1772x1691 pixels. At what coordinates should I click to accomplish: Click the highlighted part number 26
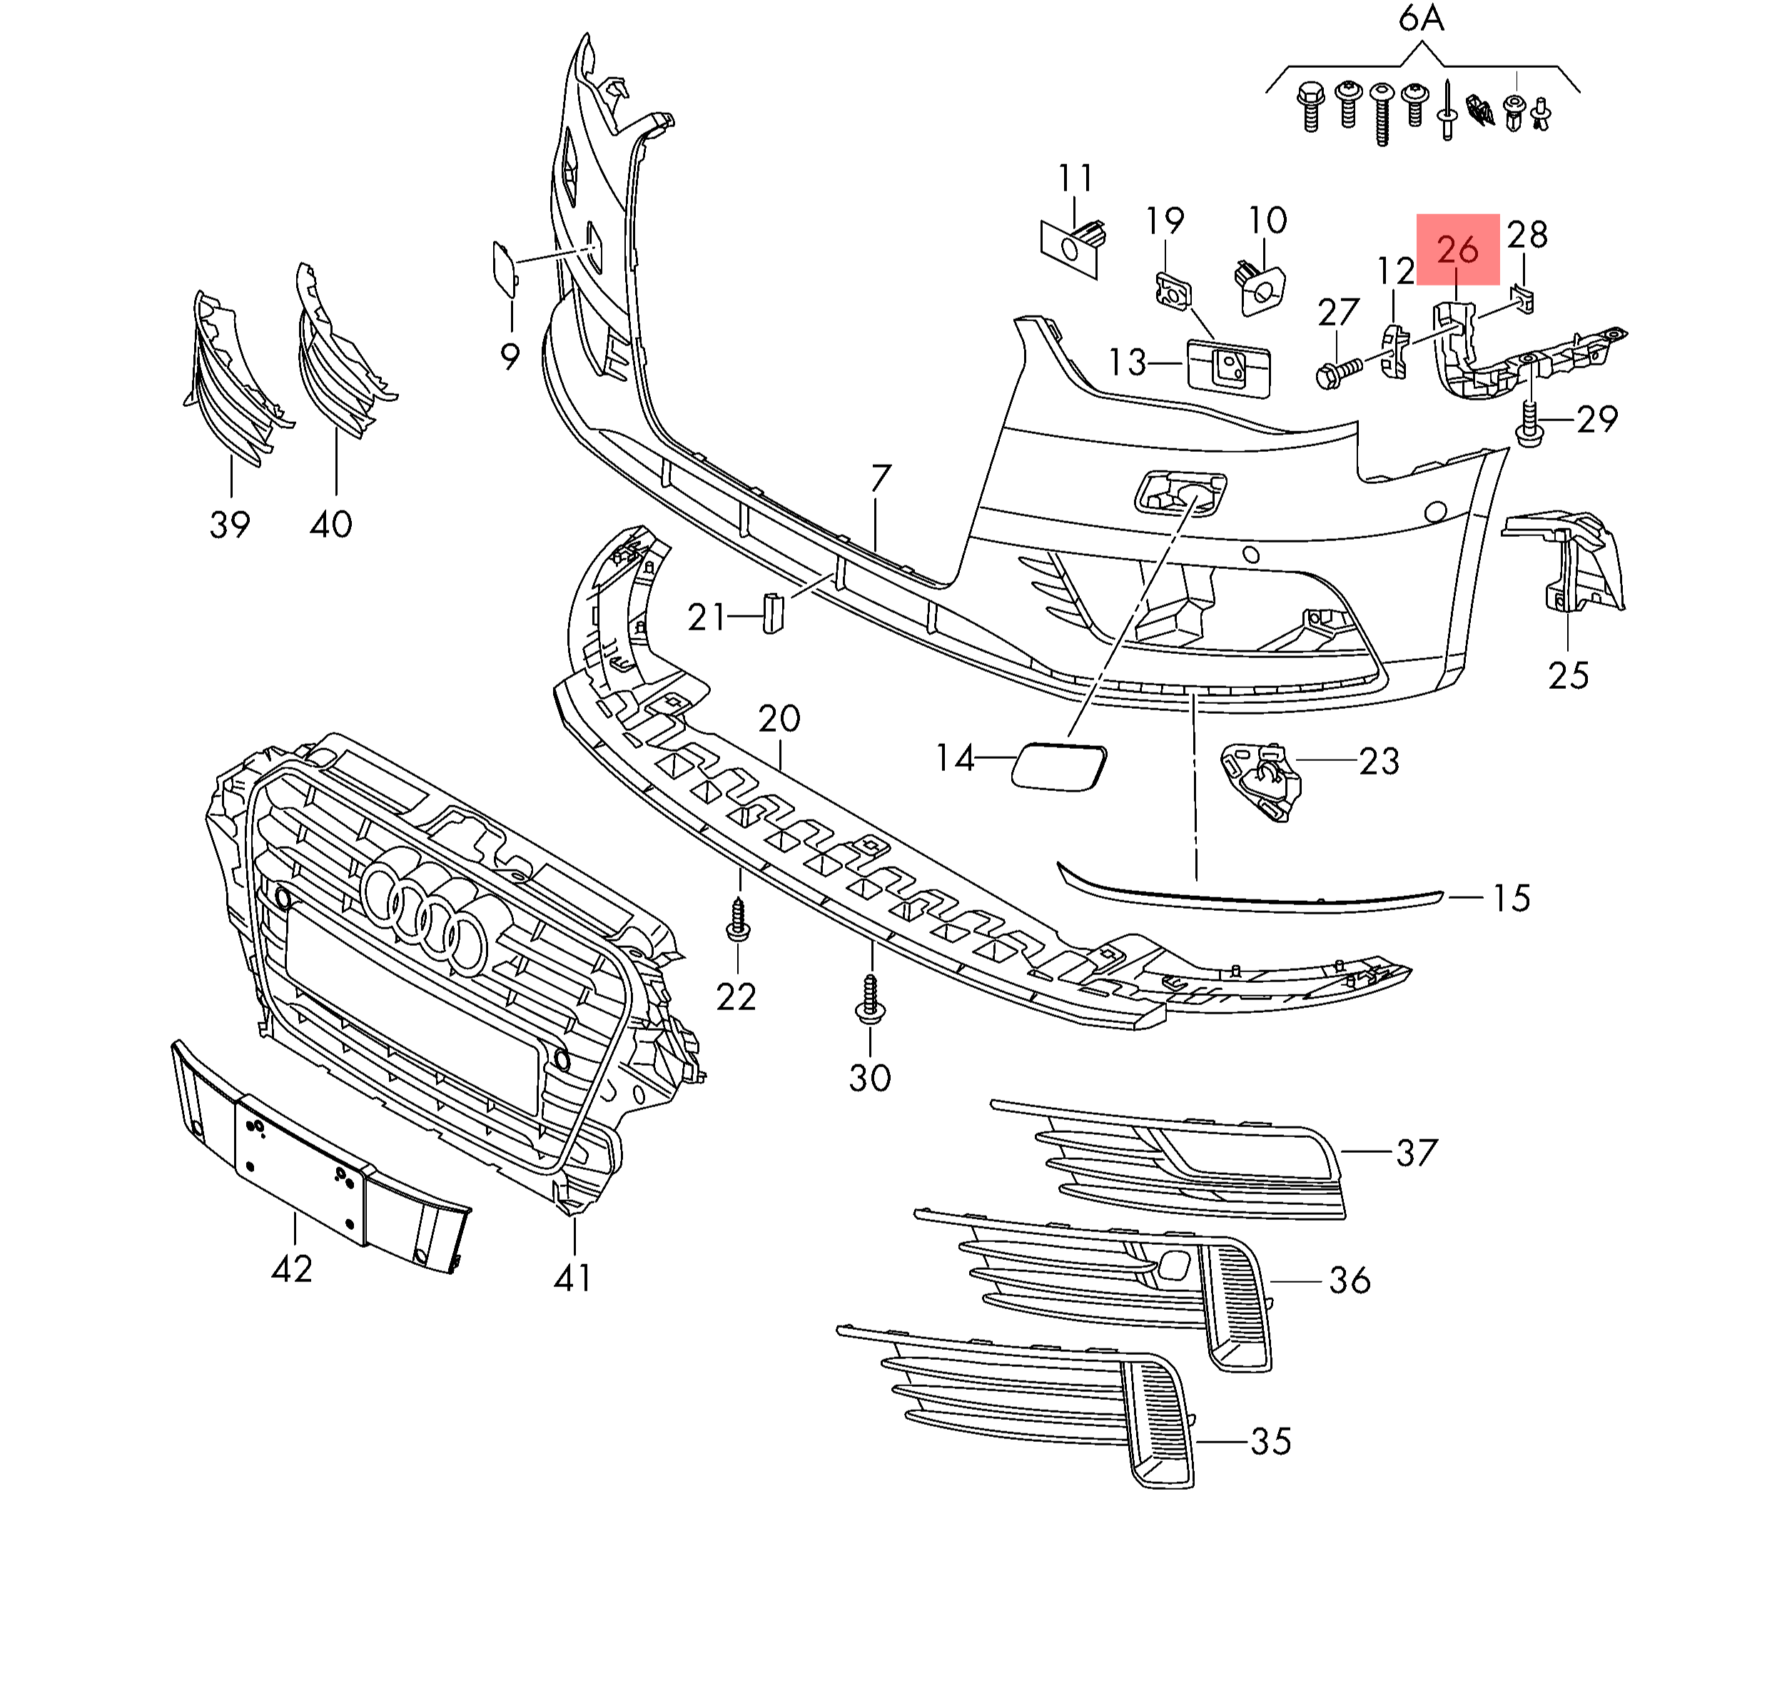click(x=1457, y=250)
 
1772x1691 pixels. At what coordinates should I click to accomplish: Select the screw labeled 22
click(x=738, y=920)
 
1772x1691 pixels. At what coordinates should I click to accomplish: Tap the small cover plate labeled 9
click(x=504, y=267)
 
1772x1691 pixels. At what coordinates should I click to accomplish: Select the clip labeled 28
click(x=1524, y=298)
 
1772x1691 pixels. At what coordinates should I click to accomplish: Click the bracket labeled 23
click(x=1261, y=779)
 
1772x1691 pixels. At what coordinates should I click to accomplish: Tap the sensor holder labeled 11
click(x=1073, y=244)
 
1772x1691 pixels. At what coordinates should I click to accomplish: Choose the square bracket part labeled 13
click(x=1228, y=367)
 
